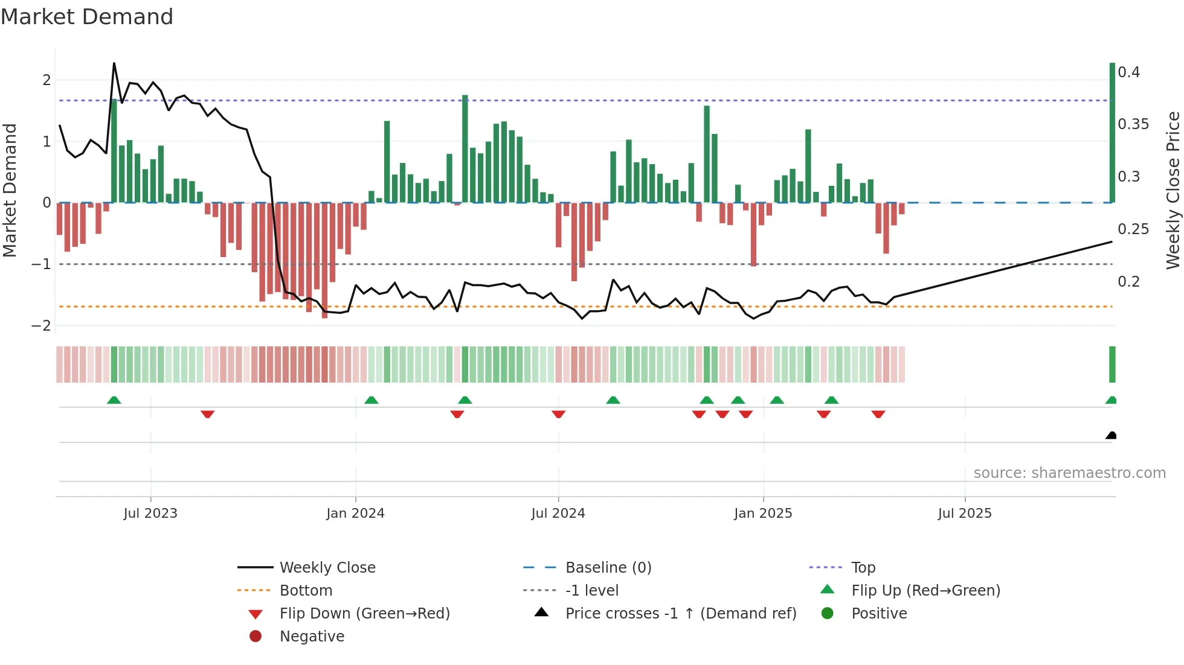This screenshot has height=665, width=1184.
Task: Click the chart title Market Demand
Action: [87, 17]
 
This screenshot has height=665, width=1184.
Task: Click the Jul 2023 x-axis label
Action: [150, 514]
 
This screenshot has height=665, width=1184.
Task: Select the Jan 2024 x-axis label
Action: [355, 514]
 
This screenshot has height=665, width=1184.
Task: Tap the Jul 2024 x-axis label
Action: [558, 514]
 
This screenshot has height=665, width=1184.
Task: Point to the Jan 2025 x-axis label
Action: [763, 514]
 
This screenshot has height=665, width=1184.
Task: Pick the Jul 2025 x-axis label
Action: [965, 514]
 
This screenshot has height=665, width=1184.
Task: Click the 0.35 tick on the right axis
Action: [1133, 124]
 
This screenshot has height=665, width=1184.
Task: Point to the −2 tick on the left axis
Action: [42, 326]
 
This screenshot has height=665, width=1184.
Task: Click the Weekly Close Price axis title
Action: [1173, 190]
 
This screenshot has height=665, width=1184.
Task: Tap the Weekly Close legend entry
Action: [327, 568]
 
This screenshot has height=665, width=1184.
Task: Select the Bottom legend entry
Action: [306, 591]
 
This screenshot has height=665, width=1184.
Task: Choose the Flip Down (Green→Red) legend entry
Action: [364, 614]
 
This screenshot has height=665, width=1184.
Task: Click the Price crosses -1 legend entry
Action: [680, 614]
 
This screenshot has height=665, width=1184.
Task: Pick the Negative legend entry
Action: [312, 637]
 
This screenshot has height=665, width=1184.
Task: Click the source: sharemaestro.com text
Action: [1069, 473]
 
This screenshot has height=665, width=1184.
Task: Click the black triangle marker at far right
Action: [1111, 436]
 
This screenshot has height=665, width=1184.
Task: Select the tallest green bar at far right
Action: [1112, 133]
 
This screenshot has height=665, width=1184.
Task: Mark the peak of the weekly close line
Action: [114, 63]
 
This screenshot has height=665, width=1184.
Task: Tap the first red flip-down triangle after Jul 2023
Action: [207, 414]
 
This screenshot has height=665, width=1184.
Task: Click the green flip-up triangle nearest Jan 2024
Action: [372, 400]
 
